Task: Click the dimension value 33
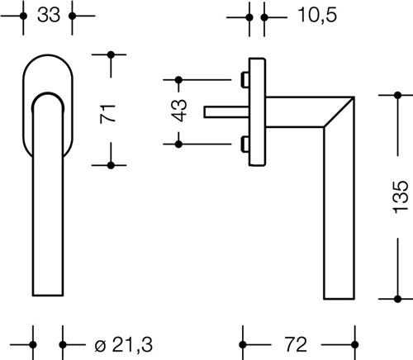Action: click(49, 15)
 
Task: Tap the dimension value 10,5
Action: click(317, 15)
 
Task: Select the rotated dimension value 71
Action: click(107, 113)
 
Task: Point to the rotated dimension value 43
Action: click(179, 110)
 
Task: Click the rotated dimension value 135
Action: click(400, 197)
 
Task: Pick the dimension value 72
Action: click(296, 344)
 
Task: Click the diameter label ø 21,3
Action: click(123, 344)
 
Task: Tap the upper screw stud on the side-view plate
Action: click(245, 80)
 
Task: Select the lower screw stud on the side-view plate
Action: click(245, 144)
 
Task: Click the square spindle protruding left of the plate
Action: click(226, 112)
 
